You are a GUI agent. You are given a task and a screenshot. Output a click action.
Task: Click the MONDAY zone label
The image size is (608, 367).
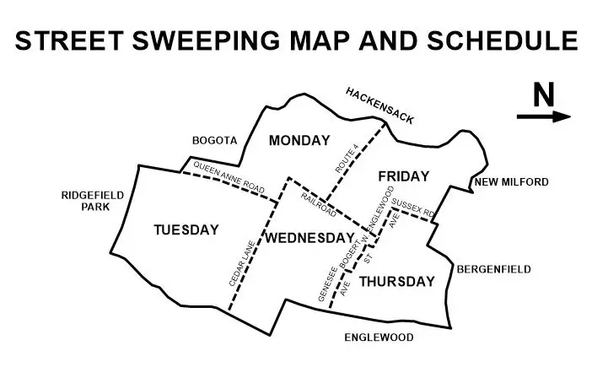[298, 141]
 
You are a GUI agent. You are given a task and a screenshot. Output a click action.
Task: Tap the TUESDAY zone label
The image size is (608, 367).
[186, 229]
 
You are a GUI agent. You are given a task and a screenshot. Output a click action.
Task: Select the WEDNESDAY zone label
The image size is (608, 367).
[309, 238]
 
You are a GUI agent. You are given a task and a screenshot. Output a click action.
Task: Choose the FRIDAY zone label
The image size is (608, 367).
[403, 176]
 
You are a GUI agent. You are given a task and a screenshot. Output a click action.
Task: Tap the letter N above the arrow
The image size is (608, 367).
[544, 95]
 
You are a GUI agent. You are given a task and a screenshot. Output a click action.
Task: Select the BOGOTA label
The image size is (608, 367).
[216, 141]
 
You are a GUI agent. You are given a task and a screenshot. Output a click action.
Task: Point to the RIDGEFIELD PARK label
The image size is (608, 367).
[93, 201]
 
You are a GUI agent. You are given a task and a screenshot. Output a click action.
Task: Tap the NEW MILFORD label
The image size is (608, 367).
[511, 182]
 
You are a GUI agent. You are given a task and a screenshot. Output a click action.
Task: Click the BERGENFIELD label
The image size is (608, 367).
[493, 270]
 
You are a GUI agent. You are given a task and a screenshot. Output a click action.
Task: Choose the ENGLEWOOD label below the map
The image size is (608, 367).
[379, 337]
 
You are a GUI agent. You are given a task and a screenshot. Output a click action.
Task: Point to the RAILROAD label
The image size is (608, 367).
[319, 205]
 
